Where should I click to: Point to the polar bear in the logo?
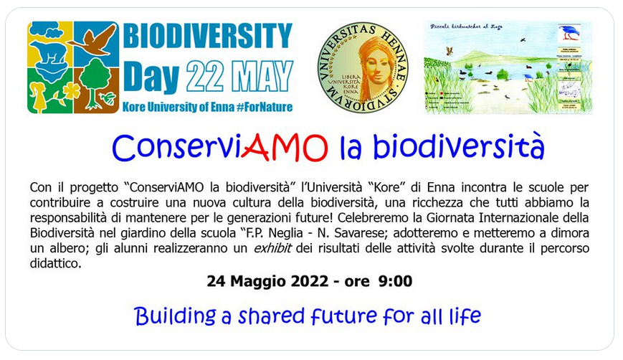[52, 51]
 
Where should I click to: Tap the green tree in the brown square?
[98, 83]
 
